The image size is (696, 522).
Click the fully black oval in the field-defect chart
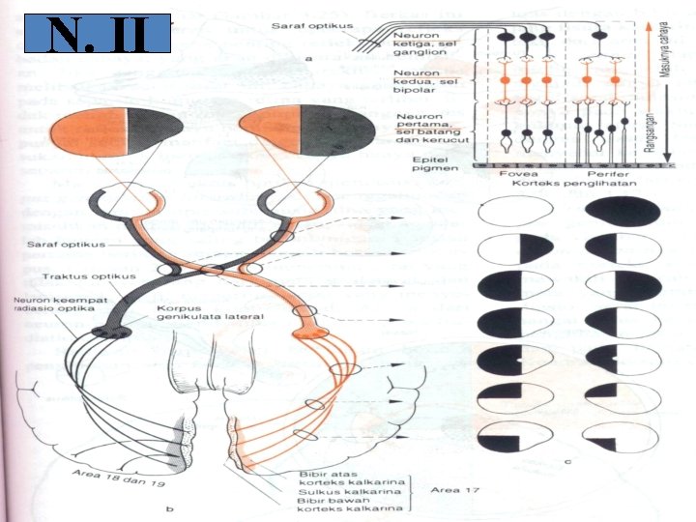click(623, 210)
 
